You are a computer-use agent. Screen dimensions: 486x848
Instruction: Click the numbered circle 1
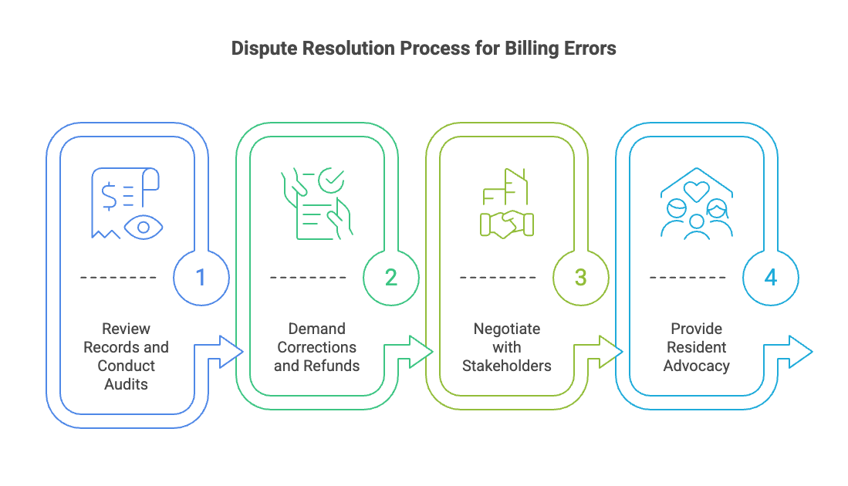coord(201,278)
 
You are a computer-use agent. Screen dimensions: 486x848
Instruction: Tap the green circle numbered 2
coord(391,278)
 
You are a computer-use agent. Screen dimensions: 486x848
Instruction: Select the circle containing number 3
coord(581,278)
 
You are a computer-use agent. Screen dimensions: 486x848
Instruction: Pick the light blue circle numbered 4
coord(770,278)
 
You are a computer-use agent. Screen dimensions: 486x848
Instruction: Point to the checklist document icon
coord(316,203)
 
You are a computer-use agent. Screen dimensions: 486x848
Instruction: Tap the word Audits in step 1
coord(126,384)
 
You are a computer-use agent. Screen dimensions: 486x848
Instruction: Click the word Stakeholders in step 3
coord(507,366)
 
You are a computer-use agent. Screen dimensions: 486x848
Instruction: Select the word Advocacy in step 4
coord(697,366)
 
